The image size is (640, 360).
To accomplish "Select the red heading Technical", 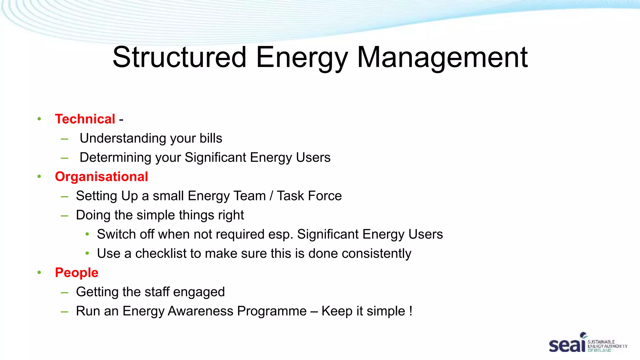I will pyautogui.click(x=85, y=119).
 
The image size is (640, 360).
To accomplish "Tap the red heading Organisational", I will pyautogui.click(x=101, y=177).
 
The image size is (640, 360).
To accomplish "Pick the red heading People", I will pyautogui.click(x=77, y=272).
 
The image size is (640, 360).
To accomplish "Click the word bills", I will pyautogui.click(x=211, y=138).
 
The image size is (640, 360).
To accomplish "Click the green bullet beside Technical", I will pyautogui.click(x=39, y=119).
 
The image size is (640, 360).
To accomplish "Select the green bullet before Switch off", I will pyautogui.click(x=87, y=234).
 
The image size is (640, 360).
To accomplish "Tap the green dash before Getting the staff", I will pyautogui.click(x=64, y=292).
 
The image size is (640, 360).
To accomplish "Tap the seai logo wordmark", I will pyautogui.click(x=567, y=345).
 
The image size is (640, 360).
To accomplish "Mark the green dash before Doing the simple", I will pyautogui.click(x=64, y=216).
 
